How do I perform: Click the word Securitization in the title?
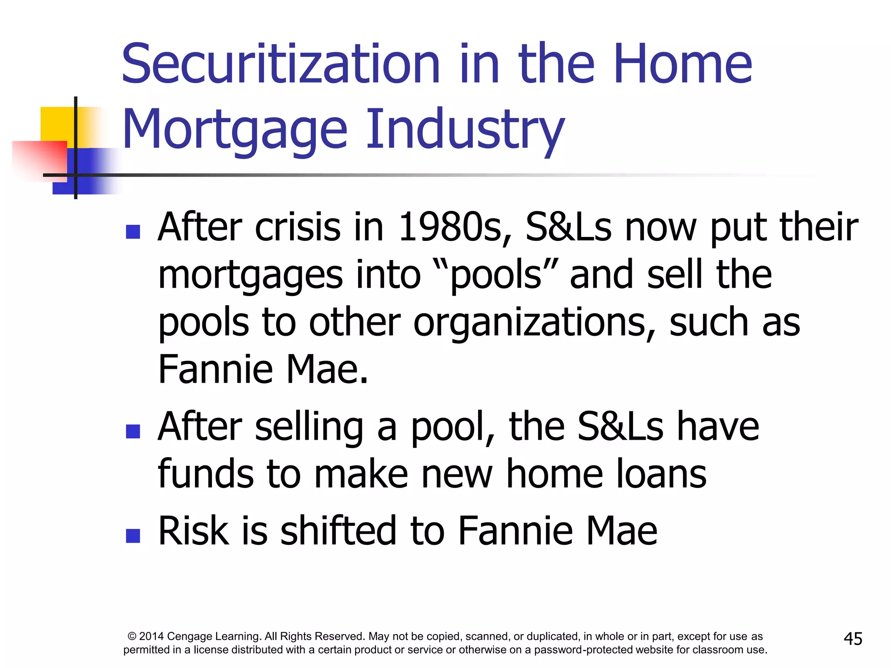point(281,64)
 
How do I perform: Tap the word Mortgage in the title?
point(235,130)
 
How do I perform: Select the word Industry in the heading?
point(465,130)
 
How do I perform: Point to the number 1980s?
point(450,227)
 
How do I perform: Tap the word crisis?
point(298,227)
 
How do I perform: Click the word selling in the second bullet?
point(309,427)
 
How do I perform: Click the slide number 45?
point(853,639)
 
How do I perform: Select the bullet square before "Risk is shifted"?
point(133,535)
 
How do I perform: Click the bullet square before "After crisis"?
point(133,232)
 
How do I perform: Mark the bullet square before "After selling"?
point(133,431)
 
